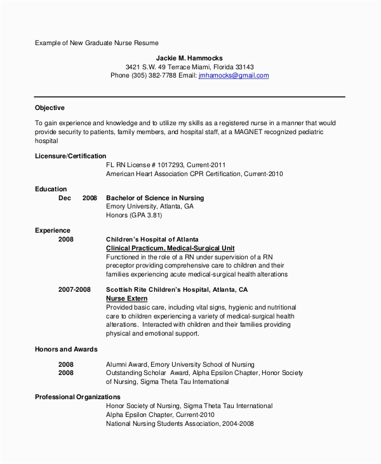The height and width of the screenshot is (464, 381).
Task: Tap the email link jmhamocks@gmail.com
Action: click(234, 75)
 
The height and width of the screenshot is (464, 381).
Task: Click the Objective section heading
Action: click(50, 108)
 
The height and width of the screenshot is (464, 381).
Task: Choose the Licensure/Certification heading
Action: click(70, 156)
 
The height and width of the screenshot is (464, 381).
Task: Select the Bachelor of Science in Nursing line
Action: click(155, 198)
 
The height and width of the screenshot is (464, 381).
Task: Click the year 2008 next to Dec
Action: click(90, 198)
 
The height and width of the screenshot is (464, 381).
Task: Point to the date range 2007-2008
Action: click(74, 289)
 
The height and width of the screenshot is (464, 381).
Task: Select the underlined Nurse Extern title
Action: click(127, 298)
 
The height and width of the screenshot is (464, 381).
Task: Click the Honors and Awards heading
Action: click(66, 349)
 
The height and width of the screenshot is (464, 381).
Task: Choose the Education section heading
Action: click(51, 189)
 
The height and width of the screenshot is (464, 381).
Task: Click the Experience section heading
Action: click(52, 230)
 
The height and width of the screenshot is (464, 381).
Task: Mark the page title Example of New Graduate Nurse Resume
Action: click(97, 43)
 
